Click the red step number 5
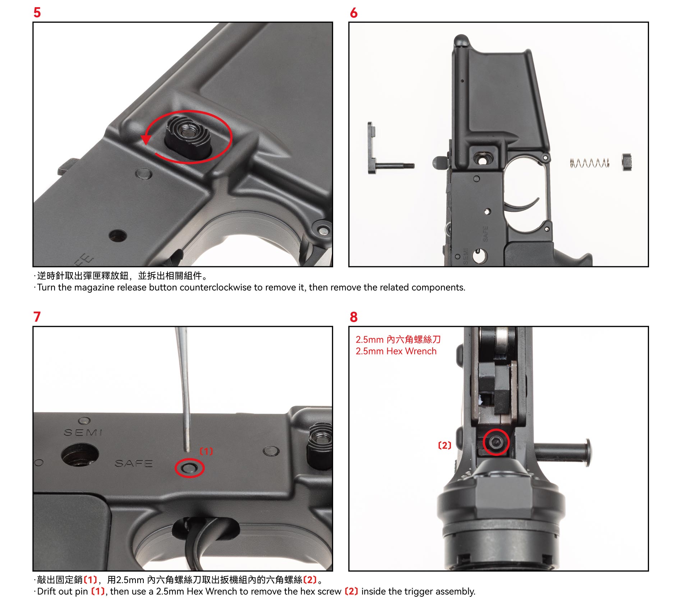pos(37,12)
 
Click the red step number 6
pos(354,13)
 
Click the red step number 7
pos(37,317)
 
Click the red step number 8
pos(354,317)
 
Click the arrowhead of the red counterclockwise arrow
pos(146,139)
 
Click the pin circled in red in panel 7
pos(189,468)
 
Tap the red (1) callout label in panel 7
pos(206,451)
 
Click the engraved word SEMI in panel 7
pos(83,432)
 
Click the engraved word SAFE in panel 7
pos(134,463)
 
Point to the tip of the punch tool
pos(188,451)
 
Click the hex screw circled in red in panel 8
pos(496,442)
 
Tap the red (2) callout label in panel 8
pos(445,445)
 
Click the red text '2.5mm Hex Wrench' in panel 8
pos(396,351)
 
